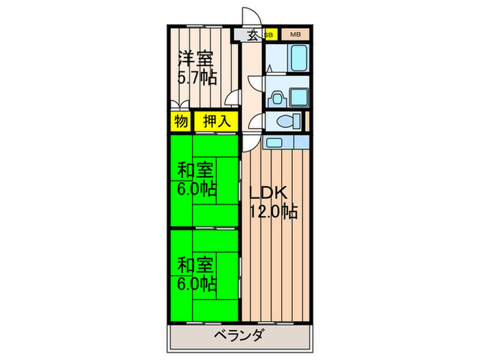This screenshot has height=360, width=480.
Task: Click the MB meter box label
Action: pyautogui.click(x=296, y=34)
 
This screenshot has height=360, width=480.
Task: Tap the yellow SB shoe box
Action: pyautogui.click(x=269, y=35)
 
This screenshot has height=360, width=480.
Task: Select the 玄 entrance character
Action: pyautogui.click(x=253, y=36)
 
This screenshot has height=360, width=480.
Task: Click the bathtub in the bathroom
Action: pyautogui.click(x=299, y=58)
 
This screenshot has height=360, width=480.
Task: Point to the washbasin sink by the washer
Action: pyautogui.click(x=277, y=99)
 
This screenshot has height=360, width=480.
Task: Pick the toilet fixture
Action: pyautogui.click(x=289, y=121)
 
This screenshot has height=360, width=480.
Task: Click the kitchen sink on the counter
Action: pyautogui.click(x=274, y=143)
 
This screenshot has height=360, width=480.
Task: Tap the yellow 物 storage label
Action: pyautogui.click(x=181, y=121)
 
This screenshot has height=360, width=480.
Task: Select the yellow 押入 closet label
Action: pyautogui.click(x=217, y=121)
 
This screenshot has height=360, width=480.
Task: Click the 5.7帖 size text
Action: pyautogui.click(x=197, y=78)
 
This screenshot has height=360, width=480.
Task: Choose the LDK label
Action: pyautogui.click(x=268, y=193)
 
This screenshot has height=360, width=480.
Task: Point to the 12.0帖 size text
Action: pyautogui.click(x=274, y=211)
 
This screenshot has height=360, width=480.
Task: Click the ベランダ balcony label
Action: pyautogui.click(x=239, y=335)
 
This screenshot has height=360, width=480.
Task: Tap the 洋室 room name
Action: pyautogui.click(x=195, y=58)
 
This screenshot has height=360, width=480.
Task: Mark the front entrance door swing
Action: pyautogui.click(x=252, y=17)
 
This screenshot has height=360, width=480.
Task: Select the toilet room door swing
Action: pyautogui.click(x=255, y=121)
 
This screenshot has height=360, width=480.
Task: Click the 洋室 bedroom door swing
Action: pyautogui.click(x=232, y=97)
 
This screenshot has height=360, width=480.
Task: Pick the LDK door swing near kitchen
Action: pyautogui.click(x=250, y=143)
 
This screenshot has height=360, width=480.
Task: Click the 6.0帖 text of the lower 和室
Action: pyautogui.click(x=197, y=284)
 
